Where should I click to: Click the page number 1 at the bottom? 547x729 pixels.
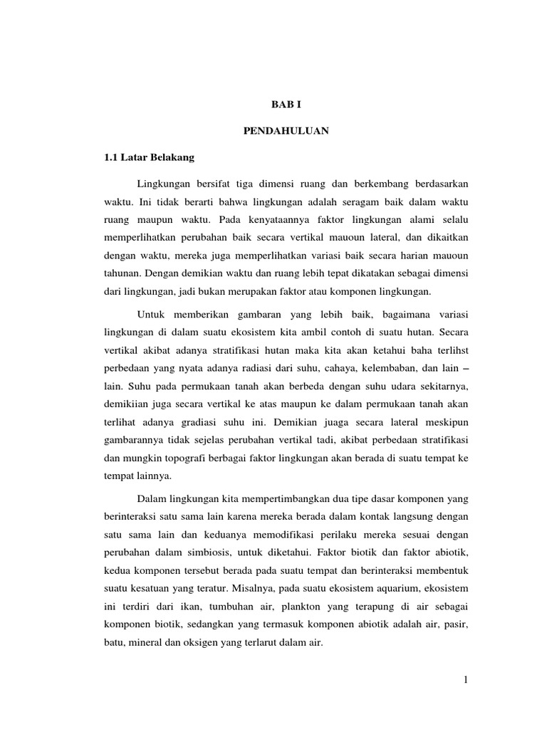coord(465,681)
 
